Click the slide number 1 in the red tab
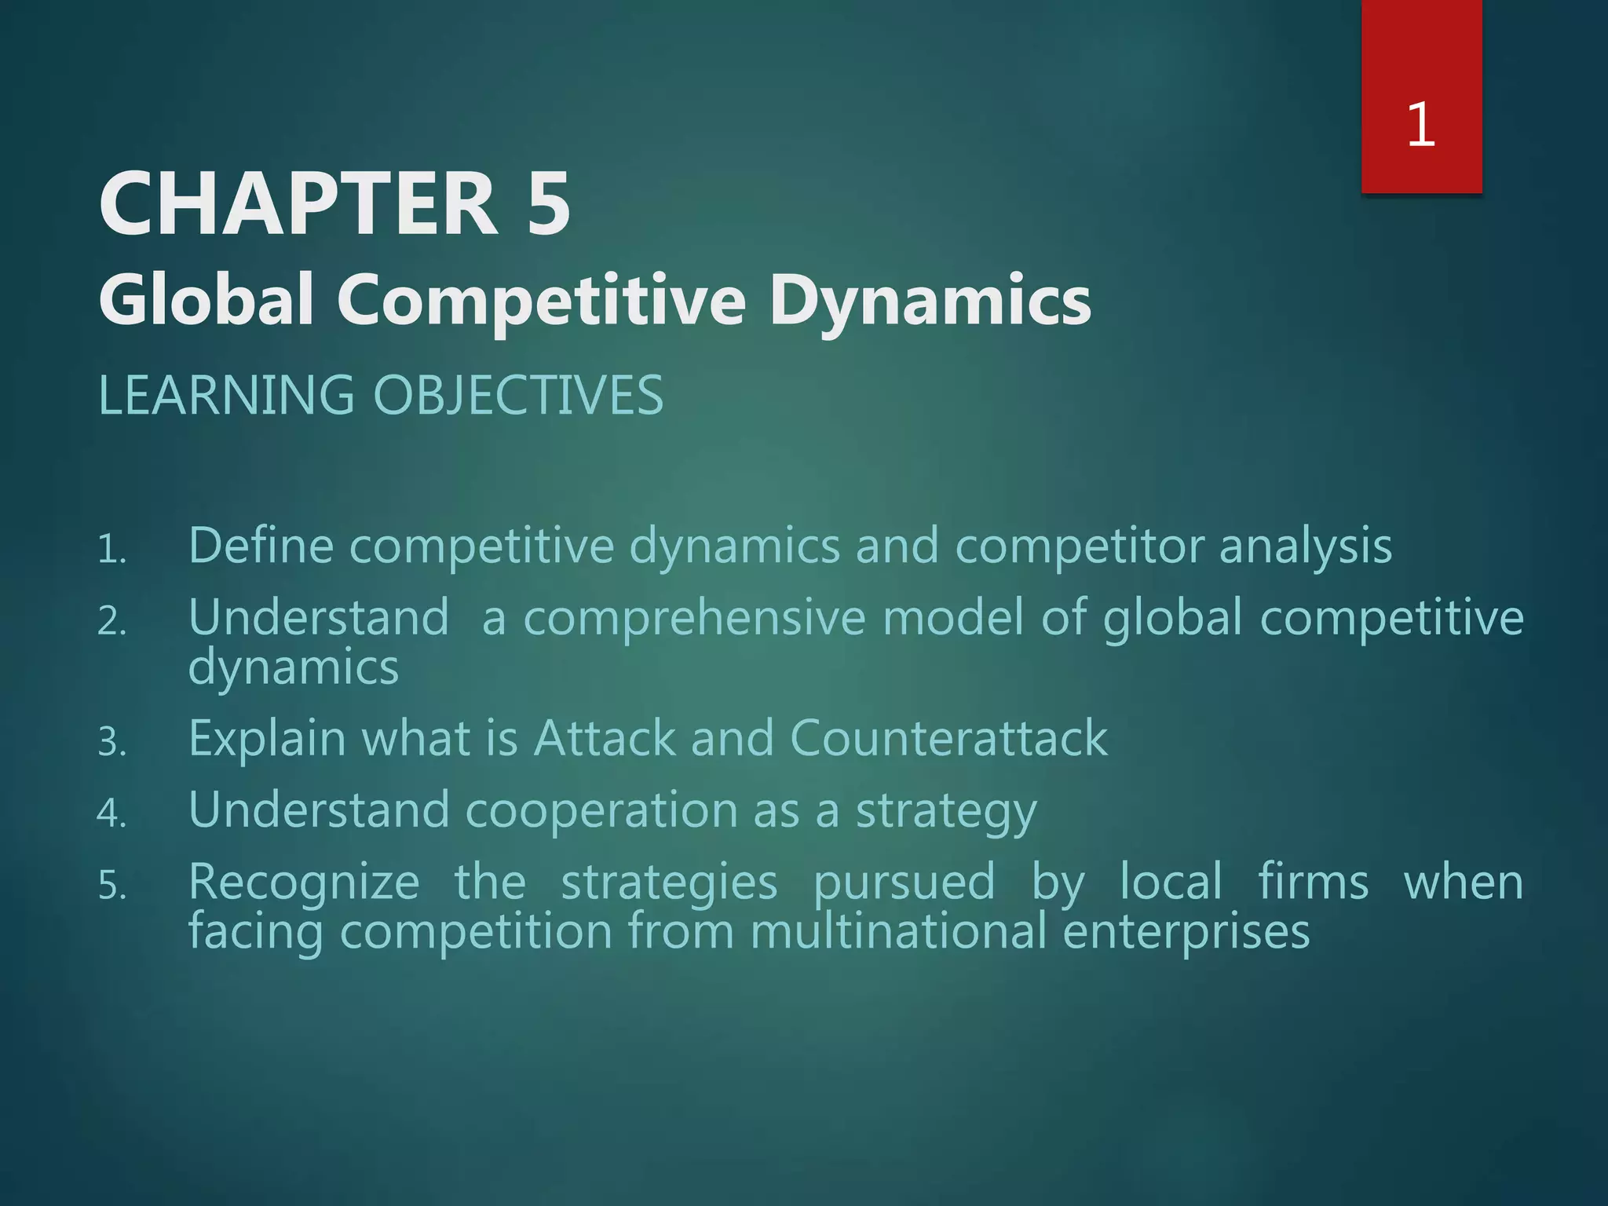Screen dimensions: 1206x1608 (x=1421, y=125)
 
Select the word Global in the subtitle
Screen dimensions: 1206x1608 (x=206, y=300)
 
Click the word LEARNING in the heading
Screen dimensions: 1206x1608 (x=227, y=395)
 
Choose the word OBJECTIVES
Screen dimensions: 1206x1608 (x=518, y=395)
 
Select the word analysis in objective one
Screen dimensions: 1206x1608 (x=1306, y=546)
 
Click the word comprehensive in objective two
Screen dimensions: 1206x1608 (x=694, y=618)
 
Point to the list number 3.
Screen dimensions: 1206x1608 (x=111, y=743)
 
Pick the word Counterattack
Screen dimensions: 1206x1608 (x=948, y=738)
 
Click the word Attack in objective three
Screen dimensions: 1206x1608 (x=605, y=738)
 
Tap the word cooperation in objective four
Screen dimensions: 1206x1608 (x=601, y=810)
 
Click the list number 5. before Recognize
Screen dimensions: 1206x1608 (x=111, y=887)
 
